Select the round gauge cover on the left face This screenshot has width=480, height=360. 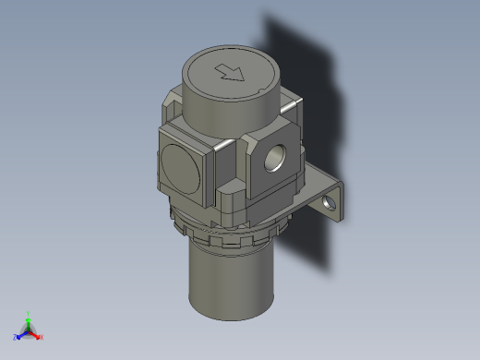point(180,167)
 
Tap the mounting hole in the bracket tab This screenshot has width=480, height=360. point(330,200)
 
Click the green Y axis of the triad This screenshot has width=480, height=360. point(29,319)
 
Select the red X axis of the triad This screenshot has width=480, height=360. point(36,334)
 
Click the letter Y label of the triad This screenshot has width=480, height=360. point(29,313)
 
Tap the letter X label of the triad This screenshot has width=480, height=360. point(42,338)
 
